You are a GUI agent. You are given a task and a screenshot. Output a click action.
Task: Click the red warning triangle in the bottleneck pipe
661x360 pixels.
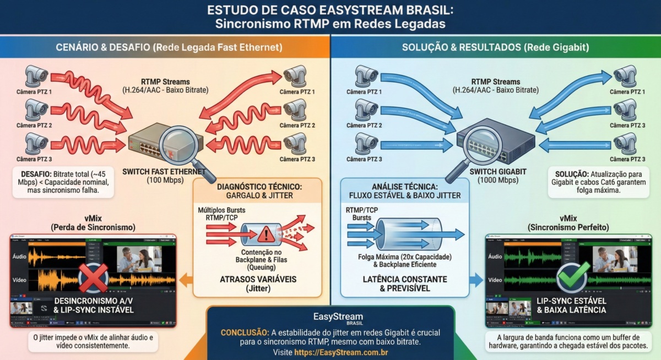266,234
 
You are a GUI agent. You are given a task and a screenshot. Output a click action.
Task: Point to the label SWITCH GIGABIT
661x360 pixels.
492,171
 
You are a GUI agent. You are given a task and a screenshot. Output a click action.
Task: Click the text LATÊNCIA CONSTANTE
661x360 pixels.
405,279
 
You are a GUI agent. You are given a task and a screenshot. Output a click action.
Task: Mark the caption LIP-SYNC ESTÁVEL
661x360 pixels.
571,301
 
